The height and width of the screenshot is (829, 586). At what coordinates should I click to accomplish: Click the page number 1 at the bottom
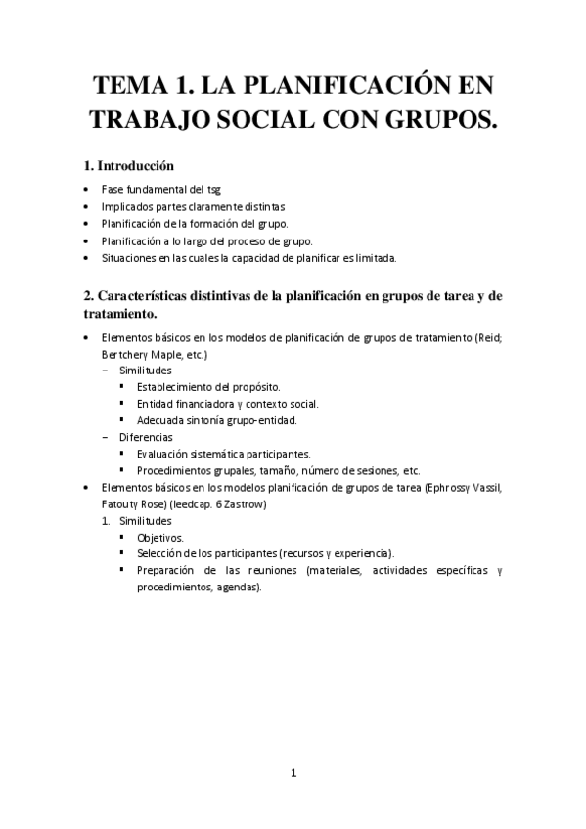(293, 772)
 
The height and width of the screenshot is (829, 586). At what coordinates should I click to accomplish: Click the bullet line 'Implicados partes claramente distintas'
(193, 206)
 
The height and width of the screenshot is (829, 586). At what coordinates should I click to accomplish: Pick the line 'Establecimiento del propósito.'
(208, 387)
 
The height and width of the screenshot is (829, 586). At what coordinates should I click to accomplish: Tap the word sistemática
(232, 454)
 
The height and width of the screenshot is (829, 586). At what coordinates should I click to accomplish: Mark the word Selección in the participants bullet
(160, 553)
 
